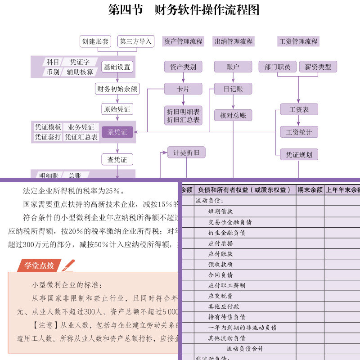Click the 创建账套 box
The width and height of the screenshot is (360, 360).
click(x=95, y=41)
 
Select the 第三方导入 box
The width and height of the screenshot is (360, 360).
click(x=136, y=41)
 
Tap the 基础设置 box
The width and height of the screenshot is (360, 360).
click(x=117, y=67)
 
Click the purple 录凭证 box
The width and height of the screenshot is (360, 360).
click(x=117, y=132)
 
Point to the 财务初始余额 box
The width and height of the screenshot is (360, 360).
click(x=117, y=89)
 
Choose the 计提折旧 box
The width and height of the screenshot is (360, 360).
click(x=186, y=153)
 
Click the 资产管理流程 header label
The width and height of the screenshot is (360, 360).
click(x=183, y=41)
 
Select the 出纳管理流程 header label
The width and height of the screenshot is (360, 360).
click(x=234, y=41)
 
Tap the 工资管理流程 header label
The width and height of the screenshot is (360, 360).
click(x=298, y=41)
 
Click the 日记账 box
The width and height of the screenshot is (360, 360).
click(x=233, y=89)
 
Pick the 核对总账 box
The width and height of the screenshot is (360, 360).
click(x=233, y=115)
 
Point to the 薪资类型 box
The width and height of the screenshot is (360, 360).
click(x=318, y=67)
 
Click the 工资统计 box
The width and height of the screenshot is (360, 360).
click(x=299, y=132)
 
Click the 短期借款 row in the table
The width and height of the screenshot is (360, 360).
click(x=220, y=211)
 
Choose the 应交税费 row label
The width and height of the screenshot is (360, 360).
click(x=220, y=296)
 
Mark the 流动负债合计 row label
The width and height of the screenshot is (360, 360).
click(x=245, y=349)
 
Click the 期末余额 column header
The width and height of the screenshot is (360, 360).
click(x=310, y=190)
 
